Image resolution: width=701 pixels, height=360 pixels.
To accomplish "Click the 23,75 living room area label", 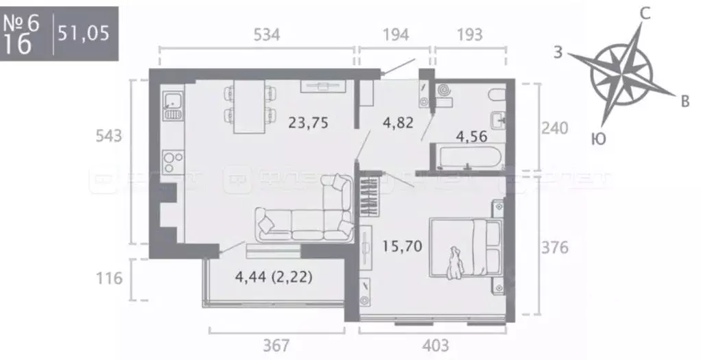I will pos(309,123).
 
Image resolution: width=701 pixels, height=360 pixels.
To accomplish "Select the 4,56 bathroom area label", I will pos(472,136).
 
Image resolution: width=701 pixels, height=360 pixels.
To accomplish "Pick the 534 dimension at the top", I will pos(266,34).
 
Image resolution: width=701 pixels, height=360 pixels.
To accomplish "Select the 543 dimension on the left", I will pos(108,136).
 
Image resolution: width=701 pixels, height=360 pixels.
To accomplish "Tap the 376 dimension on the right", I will pos(554,247).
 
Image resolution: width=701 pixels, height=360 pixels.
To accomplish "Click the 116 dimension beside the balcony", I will pos(108,278).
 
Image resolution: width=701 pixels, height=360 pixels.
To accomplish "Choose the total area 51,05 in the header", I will pos(83,33).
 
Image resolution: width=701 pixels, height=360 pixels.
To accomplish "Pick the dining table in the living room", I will pos(248,106).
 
